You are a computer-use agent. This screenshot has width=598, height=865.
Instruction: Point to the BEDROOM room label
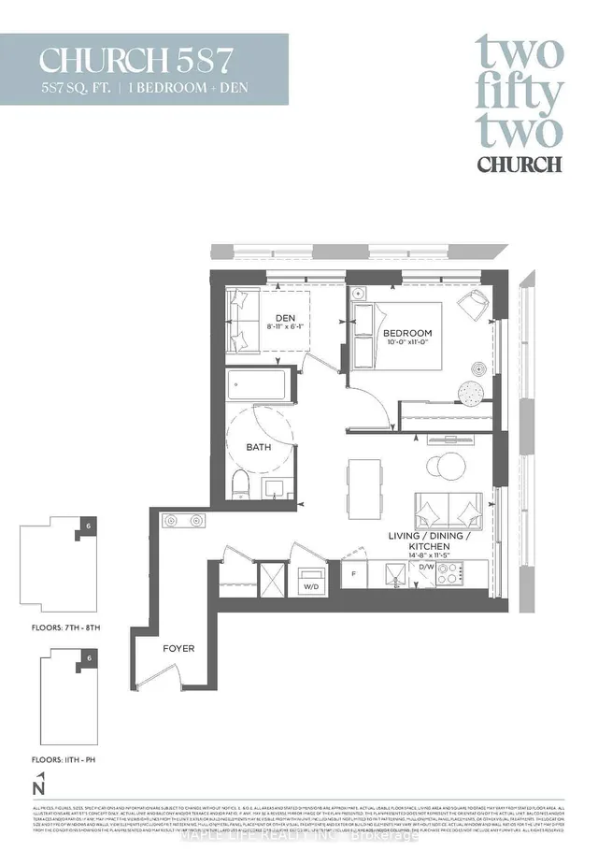click(x=406, y=334)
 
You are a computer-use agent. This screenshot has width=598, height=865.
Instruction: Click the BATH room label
click(x=259, y=448)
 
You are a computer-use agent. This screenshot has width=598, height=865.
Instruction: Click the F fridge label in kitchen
click(x=354, y=571)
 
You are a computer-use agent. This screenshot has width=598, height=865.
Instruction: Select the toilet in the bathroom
click(x=240, y=484)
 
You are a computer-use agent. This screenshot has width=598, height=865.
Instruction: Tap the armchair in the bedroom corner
click(x=475, y=303)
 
